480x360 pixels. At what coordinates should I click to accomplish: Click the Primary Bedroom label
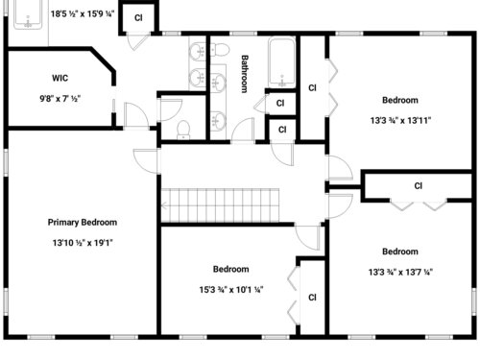[83, 223]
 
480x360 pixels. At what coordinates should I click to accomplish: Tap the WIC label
[60, 78]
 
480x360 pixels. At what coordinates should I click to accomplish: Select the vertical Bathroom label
[245, 74]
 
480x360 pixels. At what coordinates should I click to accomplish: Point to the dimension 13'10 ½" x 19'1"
[83, 243]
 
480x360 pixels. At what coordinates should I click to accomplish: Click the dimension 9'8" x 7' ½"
[60, 99]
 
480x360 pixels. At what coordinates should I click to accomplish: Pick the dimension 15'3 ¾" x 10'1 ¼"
[231, 290]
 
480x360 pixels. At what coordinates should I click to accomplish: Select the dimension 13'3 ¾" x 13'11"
[400, 121]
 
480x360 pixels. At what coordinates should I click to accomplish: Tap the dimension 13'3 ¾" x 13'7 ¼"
[400, 272]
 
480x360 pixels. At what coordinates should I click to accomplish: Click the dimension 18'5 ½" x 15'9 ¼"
[83, 13]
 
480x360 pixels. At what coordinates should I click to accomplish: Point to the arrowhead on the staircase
[164, 205]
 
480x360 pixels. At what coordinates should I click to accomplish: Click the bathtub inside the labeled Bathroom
[281, 62]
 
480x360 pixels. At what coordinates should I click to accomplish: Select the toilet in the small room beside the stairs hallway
[183, 130]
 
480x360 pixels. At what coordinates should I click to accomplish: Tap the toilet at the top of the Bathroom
[219, 50]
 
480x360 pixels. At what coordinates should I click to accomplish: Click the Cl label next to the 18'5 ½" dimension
[138, 18]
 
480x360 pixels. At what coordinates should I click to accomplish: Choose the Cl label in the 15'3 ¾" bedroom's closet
[312, 298]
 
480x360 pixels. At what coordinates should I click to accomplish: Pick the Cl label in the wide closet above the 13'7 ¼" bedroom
[418, 186]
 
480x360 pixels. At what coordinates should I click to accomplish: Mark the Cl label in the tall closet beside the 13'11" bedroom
[312, 87]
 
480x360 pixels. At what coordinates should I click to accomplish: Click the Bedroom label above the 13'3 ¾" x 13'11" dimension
[400, 100]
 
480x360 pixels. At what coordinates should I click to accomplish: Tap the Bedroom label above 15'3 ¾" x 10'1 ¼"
[231, 269]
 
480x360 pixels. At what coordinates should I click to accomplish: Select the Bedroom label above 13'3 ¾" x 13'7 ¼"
[400, 252]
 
